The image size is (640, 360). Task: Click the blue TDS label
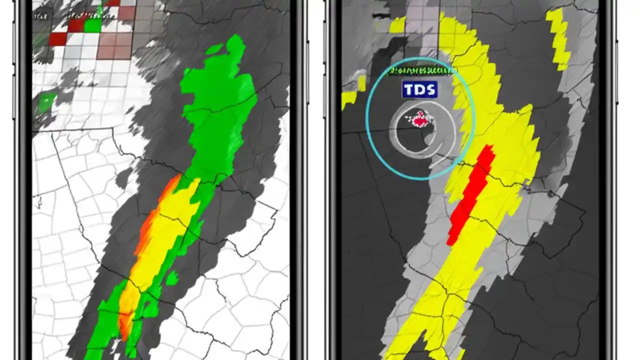[419, 90]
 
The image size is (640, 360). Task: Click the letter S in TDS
[430, 90]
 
